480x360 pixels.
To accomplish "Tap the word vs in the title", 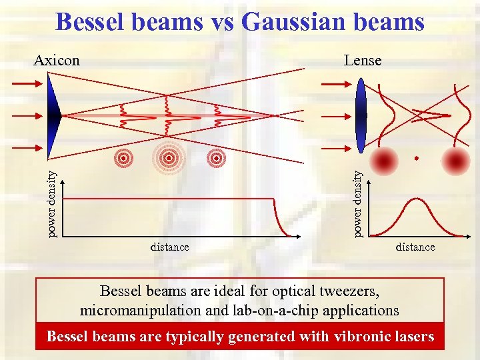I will (223, 22).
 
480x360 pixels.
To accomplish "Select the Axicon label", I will (57, 61).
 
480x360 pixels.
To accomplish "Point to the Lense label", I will (363, 61).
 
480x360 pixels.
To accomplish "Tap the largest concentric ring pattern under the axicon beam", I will (169, 157).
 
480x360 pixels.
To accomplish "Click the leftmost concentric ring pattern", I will (123, 157).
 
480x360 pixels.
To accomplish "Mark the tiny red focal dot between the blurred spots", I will (416, 159).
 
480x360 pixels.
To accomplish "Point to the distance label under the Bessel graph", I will (169, 247).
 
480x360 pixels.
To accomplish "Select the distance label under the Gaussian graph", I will (415, 247).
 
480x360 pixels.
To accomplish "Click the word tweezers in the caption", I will (354, 291).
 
